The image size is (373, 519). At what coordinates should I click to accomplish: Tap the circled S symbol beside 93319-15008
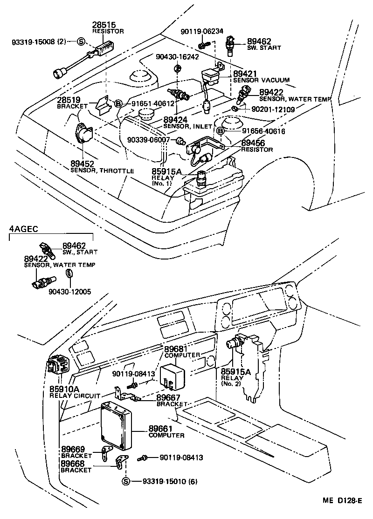(80, 42)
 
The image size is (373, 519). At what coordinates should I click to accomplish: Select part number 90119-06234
(202, 32)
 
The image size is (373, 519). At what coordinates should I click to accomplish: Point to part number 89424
(173, 119)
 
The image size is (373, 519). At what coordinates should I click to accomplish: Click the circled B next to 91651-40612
(118, 103)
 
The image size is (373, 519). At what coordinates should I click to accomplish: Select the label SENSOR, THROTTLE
(102, 171)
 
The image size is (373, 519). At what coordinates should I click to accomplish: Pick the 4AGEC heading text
(23, 229)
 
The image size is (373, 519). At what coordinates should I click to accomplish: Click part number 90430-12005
(69, 292)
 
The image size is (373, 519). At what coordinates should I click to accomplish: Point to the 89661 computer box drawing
(117, 424)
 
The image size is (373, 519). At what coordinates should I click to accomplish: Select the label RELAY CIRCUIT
(75, 396)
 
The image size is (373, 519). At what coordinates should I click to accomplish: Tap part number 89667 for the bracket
(168, 397)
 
